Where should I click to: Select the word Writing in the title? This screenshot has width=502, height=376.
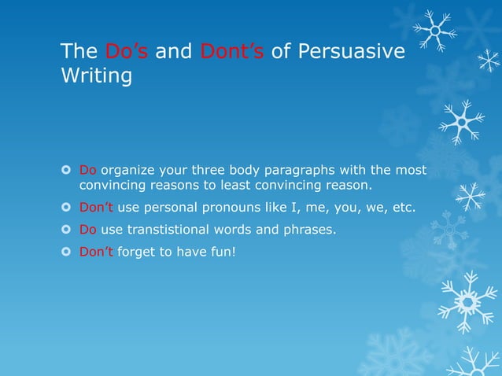click(x=96, y=78)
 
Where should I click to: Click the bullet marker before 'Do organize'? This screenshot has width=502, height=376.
click(x=67, y=171)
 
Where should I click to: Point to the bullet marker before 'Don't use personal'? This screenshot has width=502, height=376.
click(x=67, y=208)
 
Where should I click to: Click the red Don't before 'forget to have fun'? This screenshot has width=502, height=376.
click(x=96, y=253)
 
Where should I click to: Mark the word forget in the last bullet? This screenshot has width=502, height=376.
click(x=137, y=253)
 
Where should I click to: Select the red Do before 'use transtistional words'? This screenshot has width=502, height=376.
click(x=87, y=230)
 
